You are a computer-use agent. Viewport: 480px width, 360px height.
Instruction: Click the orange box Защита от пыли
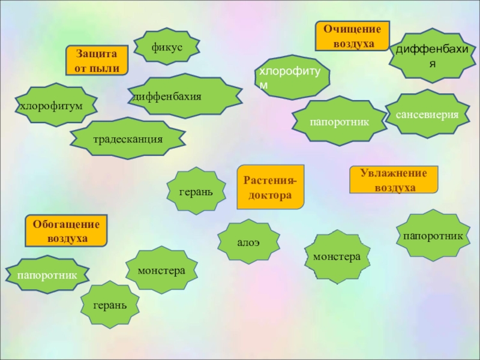pyautogui.click(x=97, y=61)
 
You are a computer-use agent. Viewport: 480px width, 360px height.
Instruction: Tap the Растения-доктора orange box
pyautogui.click(x=271, y=187)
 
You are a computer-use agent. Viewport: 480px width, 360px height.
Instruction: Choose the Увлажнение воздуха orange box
pyautogui.click(x=394, y=180)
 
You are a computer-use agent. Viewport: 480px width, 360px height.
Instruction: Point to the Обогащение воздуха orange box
pyautogui.click(x=66, y=231)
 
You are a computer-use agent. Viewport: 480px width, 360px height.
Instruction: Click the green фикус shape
pyautogui.click(x=167, y=46)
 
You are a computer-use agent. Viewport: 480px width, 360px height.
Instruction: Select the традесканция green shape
pyautogui.click(x=128, y=139)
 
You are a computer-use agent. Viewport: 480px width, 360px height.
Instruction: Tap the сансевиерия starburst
pyautogui.click(x=427, y=114)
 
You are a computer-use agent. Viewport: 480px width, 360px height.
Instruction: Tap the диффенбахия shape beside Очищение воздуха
pyautogui.click(x=430, y=55)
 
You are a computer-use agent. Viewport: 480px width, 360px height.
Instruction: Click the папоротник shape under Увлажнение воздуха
pyautogui.click(x=433, y=236)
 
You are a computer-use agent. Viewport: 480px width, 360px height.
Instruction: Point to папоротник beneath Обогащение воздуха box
pyautogui.click(x=47, y=275)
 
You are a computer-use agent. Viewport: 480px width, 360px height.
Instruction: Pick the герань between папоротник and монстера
pyautogui.click(x=110, y=305)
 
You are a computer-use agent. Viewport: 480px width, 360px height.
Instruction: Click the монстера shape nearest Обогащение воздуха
pyautogui.click(x=161, y=270)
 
